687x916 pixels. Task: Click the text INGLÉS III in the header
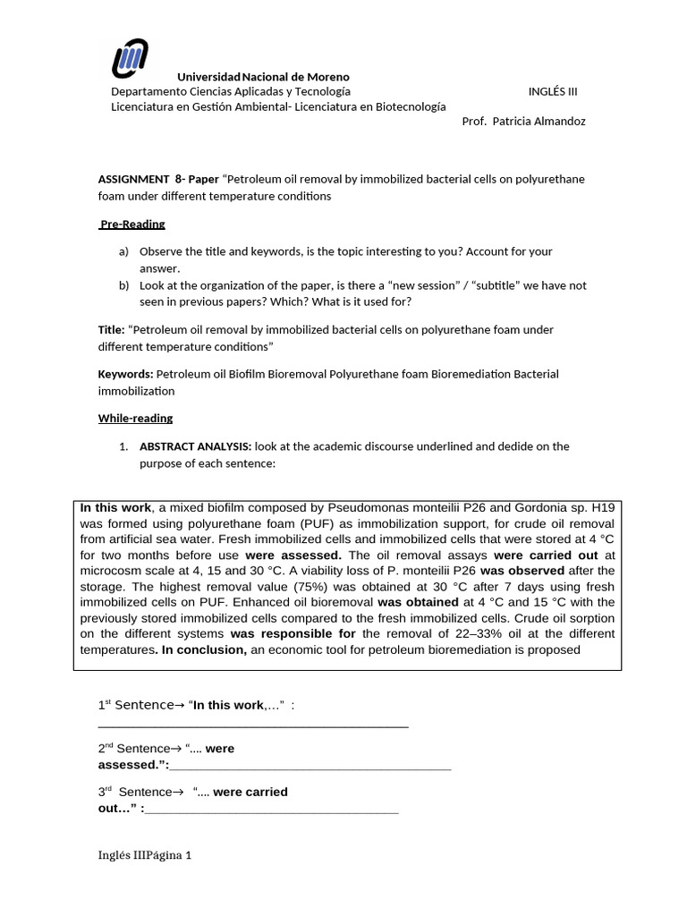(558, 91)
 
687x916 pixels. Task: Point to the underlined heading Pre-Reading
(131, 224)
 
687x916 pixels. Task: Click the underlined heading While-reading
(135, 418)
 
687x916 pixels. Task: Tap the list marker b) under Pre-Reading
(124, 285)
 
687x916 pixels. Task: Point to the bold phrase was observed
(522, 570)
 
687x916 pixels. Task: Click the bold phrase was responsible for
(293, 634)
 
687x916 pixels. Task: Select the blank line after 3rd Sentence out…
(271, 810)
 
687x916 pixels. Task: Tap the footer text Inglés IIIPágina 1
(145, 855)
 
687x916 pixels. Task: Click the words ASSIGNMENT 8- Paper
(157, 179)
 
